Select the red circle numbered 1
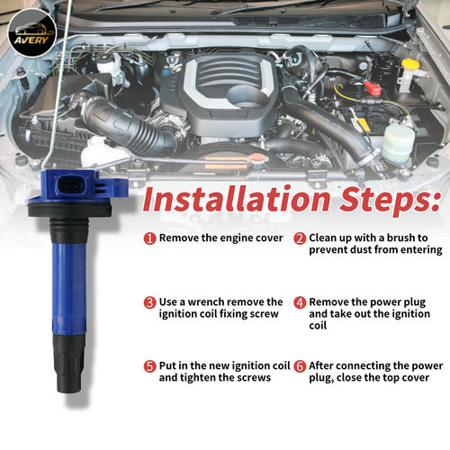[x=148, y=238]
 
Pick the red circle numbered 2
[x=301, y=238]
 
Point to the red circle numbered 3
[x=148, y=303]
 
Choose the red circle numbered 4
[x=301, y=303]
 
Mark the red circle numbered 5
[x=148, y=366]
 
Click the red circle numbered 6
[x=301, y=366]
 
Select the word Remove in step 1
[x=180, y=238]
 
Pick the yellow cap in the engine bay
[x=409, y=65]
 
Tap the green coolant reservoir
[x=396, y=139]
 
